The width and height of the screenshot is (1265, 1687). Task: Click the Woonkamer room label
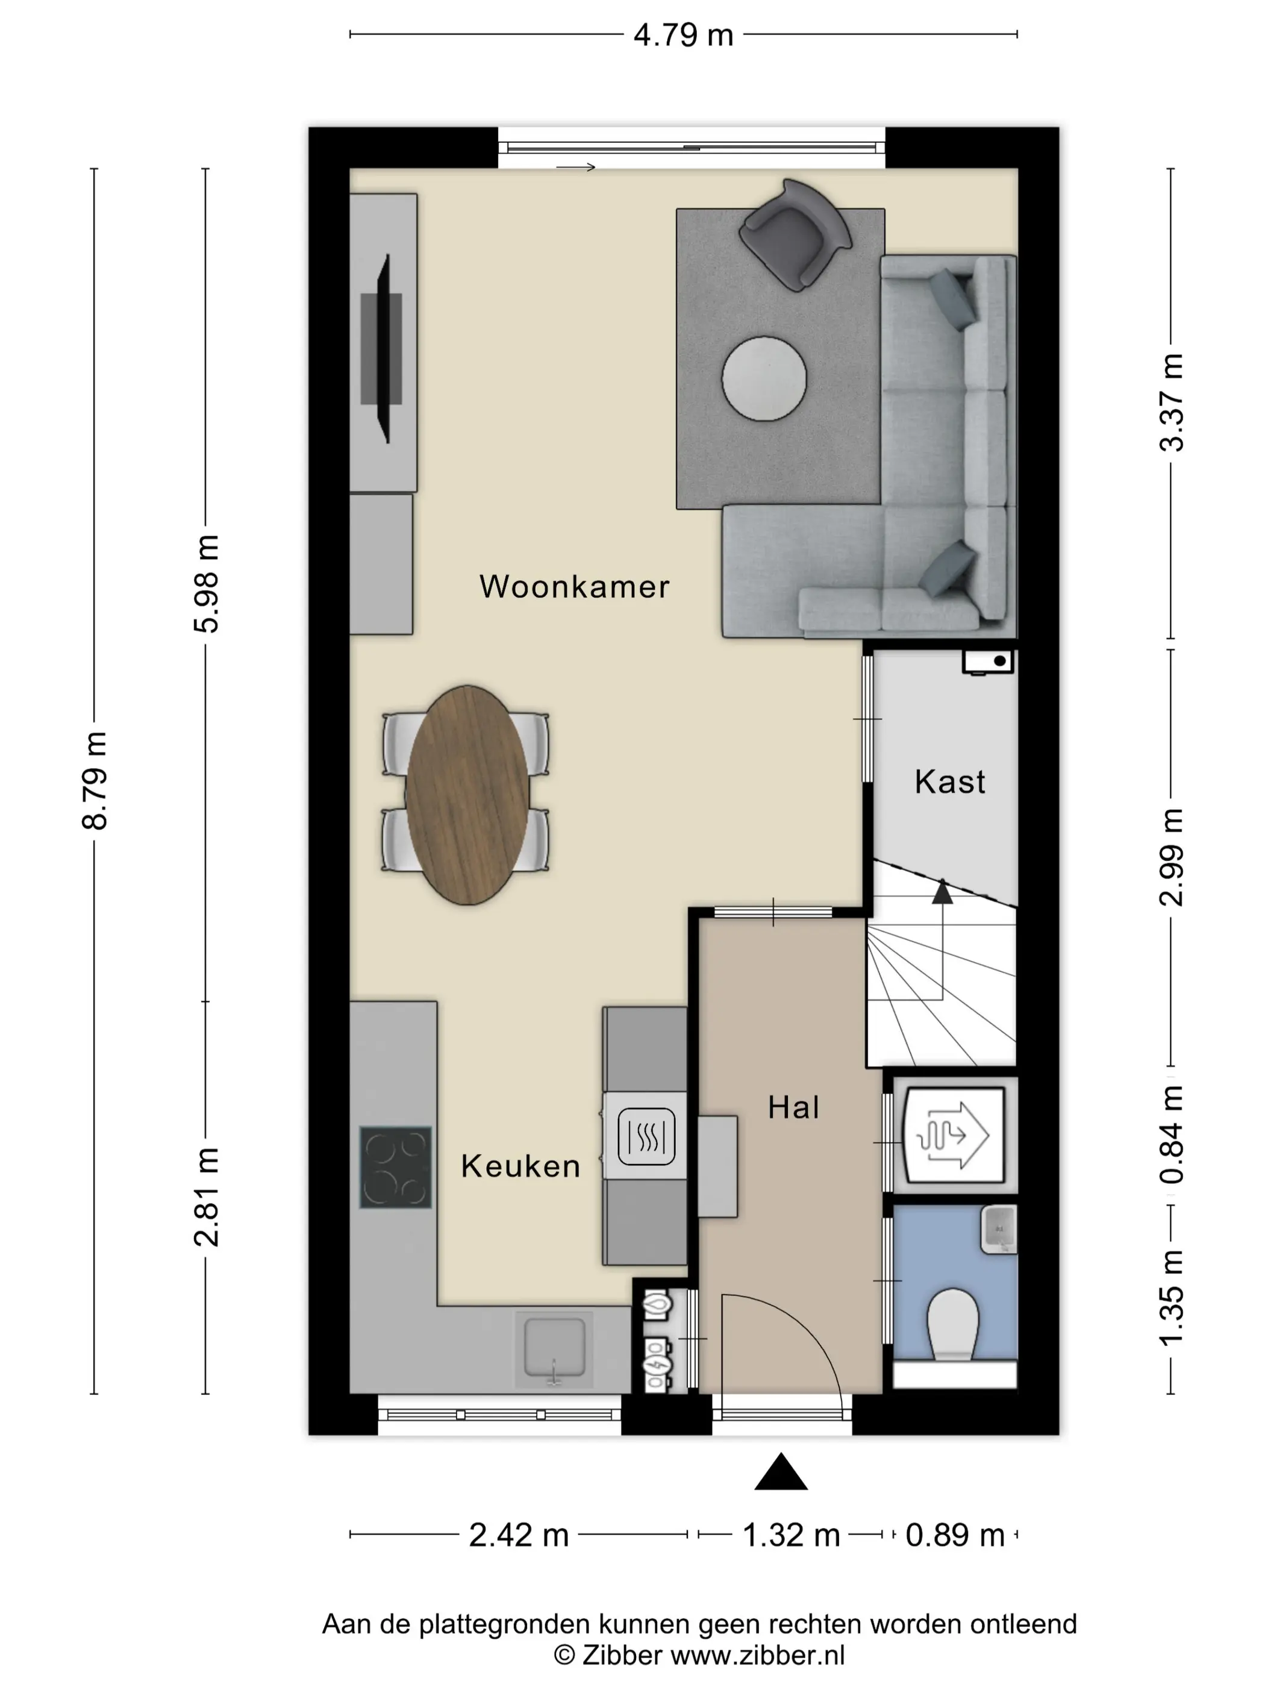tap(574, 586)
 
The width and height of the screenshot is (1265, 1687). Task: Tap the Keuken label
tap(521, 1166)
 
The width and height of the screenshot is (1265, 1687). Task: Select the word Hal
tap(793, 1107)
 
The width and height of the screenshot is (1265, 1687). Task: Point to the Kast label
tap(949, 781)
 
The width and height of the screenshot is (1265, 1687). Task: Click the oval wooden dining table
tap(467, 795)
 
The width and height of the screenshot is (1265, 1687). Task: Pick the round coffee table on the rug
tap(764, 378)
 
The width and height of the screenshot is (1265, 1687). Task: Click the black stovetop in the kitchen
tap(396, 1167)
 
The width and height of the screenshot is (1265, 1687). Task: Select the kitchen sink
tap(554, 1348)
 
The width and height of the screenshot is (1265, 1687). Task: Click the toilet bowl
tap(953, 1323)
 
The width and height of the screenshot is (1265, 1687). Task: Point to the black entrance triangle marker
tap(781, 1472)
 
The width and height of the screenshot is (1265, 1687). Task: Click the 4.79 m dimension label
tap(683, 35)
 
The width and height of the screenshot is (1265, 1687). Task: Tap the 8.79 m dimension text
tap(96, 780)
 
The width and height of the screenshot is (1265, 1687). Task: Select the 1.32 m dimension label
tap(791, 1535)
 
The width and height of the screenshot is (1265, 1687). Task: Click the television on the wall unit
tap(383, 348)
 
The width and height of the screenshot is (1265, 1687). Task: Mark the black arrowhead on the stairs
tap(943, 890)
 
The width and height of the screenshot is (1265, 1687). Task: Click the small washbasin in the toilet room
tap(999, 1230)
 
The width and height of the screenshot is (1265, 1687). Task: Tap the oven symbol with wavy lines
tap(646, 1136)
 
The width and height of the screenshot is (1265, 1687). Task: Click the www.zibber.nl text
tap(757, 1655)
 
